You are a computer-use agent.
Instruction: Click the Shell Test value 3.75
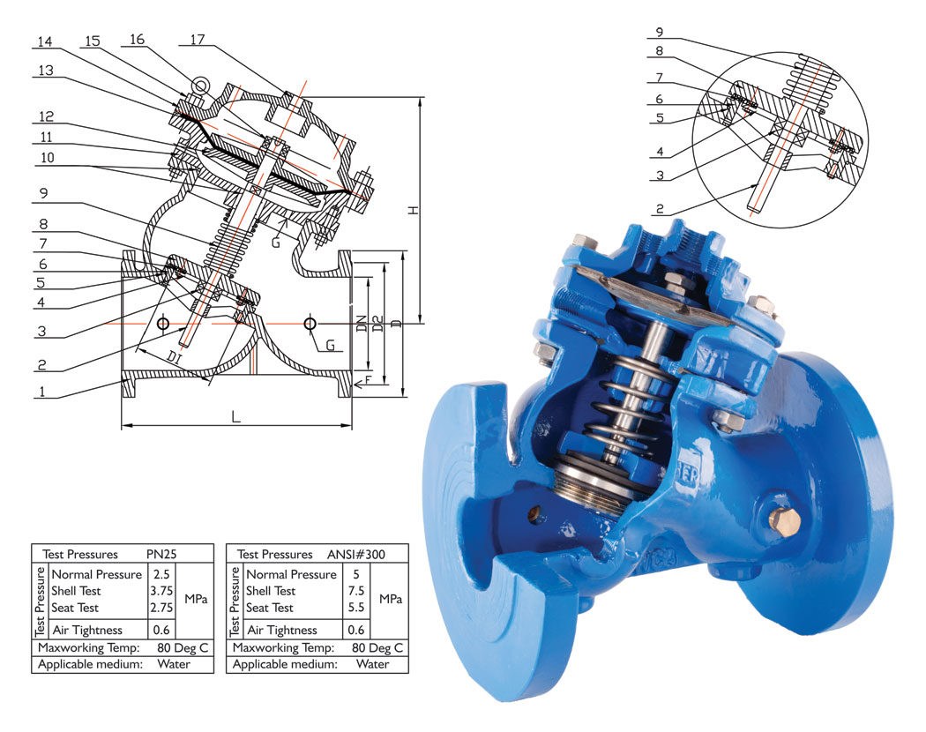[x=161, y=591]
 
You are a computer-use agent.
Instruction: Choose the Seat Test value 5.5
[x=356, y=608]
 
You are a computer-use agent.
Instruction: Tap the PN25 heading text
[x=161, y=555]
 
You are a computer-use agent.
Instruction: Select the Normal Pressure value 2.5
[x=161, y=574]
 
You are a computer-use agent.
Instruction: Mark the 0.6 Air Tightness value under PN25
[x=161, y=630]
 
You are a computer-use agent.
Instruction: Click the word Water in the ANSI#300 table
[x=373, y=664]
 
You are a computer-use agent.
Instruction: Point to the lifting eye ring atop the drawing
[x=200, y=85]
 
